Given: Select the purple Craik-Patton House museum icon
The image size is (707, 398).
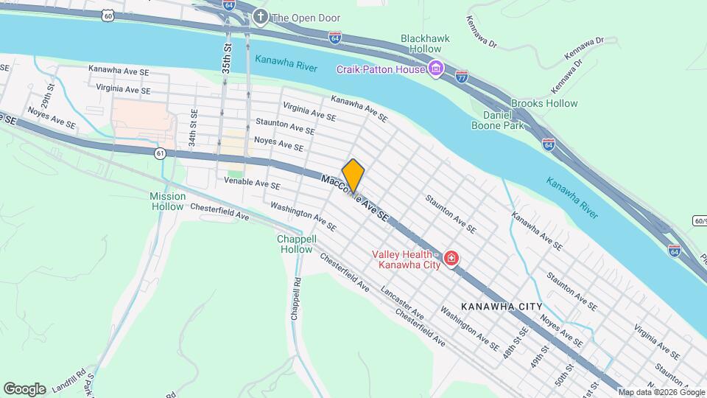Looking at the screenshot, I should point(437,69).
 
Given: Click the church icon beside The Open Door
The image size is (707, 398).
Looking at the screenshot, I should point(259,16).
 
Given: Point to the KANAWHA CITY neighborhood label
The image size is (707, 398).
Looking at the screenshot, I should point(502,307).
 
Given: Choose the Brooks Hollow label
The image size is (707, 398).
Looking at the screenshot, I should point(544,103).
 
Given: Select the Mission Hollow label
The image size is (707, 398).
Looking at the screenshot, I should point(167,201).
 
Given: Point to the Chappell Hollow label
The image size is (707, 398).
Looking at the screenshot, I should point(296,244).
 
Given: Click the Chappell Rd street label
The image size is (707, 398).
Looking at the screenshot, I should point(296,298).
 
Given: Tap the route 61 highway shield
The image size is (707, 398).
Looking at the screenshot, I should point(160,153).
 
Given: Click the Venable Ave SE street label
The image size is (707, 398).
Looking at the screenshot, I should point(252,184).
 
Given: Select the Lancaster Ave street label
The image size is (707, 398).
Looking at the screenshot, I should point(403,302).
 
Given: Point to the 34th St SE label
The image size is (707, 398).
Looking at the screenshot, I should point(192,128).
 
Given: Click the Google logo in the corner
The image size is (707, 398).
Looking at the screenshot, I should point(24,388).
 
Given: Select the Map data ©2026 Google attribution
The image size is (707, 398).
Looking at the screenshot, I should point(660,392).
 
